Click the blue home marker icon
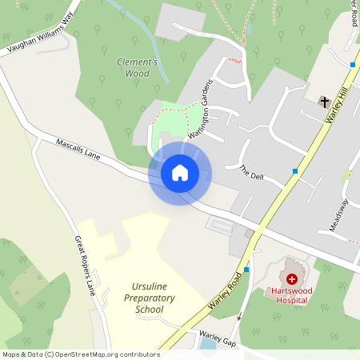(180, 172)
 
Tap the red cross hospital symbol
(292, 278)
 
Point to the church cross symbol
(324, 101)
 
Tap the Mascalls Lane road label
(78, 149)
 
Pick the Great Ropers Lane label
(85, 265)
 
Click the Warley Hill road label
(338, 106)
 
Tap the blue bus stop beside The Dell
(295, 171)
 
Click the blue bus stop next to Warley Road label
(246, 270)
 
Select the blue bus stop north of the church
(352, 64)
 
